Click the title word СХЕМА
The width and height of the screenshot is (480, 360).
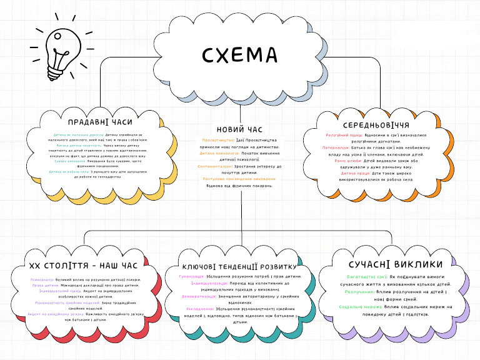pos(240,56)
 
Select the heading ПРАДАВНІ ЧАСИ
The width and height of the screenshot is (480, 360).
pos(100,122)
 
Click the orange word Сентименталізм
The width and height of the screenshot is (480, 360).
pos(216,167)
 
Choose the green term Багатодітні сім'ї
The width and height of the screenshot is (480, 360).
pos(367,276)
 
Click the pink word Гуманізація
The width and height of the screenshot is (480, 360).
pos(191,276)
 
